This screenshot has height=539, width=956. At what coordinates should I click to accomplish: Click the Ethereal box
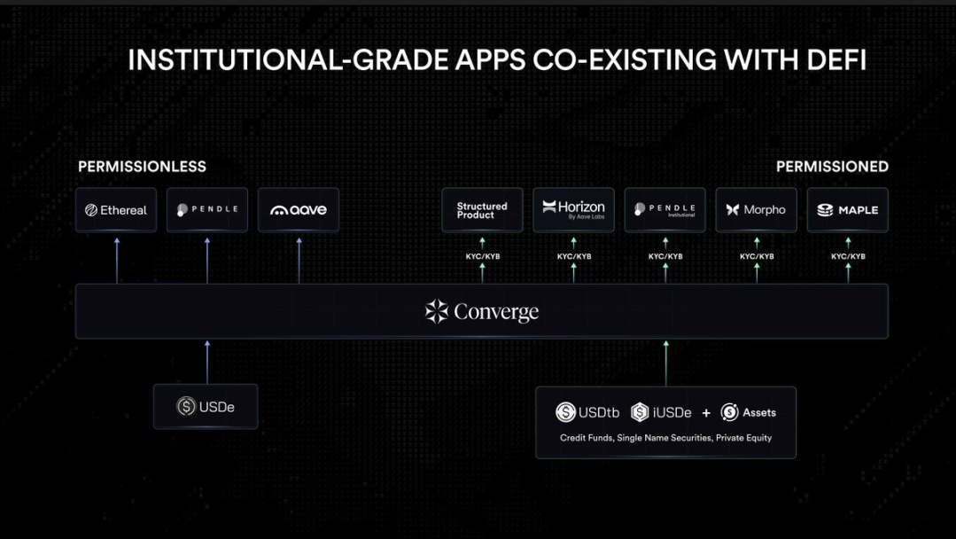[116, 210]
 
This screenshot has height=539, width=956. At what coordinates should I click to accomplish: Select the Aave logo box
[299, 210]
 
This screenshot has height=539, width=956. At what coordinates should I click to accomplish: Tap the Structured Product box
[482, 210]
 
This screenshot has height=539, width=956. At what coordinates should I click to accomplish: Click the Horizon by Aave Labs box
[573, 210]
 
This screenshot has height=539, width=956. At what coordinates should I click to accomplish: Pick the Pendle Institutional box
[665, 210]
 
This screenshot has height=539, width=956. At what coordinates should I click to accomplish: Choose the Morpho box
[756, 210]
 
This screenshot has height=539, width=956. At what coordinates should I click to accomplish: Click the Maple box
[847, 210]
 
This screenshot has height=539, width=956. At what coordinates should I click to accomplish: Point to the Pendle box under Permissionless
[207, 210]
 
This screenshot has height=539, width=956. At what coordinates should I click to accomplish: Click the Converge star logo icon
[436, 311]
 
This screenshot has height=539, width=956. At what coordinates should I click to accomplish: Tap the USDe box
[206, 407]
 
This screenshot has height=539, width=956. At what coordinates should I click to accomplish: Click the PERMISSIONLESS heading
[142, 167]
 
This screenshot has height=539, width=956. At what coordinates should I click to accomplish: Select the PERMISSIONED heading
[832, 167]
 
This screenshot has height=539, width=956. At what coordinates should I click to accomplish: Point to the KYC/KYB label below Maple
[848, 256]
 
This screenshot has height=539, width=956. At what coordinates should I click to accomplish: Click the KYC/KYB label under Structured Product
[483, 256]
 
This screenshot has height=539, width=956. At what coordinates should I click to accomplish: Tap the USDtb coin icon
[565, 412]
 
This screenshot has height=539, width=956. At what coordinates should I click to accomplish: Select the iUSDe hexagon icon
[640, 412]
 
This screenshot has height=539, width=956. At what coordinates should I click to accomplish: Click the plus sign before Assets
[706, 413]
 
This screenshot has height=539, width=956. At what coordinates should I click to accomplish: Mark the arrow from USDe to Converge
[207, 362]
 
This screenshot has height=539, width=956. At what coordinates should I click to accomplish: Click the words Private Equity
[743, 438]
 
